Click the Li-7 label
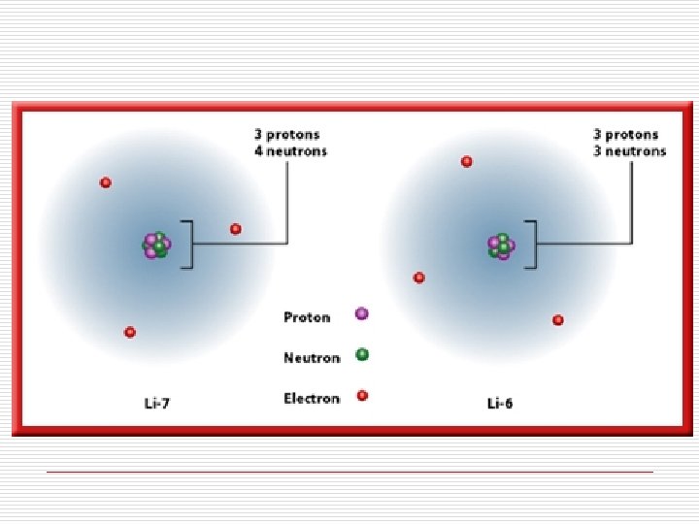coord(155,403)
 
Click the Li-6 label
coord(500,403)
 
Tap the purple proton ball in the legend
coord(362,313)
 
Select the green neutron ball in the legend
coord(362,354)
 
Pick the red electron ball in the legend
coord(362,395)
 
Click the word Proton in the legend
coord(307,317)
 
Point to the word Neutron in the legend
coord(312,358)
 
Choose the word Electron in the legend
coord(312,399)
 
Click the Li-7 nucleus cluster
coord(156,245)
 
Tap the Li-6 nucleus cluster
coord(501,246)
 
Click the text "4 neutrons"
coord(290,151)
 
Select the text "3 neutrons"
coord(630,151)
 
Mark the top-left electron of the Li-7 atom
coord(106,182)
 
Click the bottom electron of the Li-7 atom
coord(130,332)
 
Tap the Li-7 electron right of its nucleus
coord(236,229)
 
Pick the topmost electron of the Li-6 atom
coord(467,161)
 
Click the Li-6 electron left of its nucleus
coord(419,278)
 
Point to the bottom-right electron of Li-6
coord(558,320)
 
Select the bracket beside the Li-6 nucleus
coord(537,244)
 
